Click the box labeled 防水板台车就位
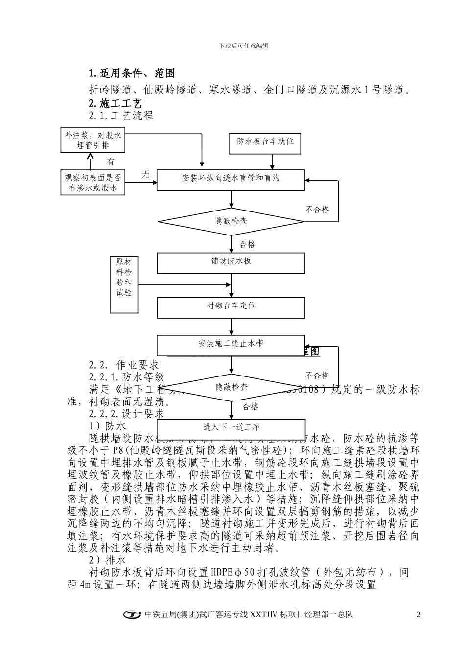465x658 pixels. [265, 141]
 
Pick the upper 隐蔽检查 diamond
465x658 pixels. [232, 221]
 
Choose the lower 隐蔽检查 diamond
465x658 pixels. [232, 387]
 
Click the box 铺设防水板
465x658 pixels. [231, 262]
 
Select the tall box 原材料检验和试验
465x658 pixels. [124, 284]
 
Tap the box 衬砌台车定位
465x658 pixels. [231, 306]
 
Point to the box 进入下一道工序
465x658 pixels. [231, 427]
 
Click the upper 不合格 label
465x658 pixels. [317, 210]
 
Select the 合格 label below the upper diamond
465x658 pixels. [247, 244]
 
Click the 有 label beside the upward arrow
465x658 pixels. [111, 162]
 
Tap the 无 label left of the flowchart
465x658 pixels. [145, 174]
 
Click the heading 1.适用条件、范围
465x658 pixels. [132, 73]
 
